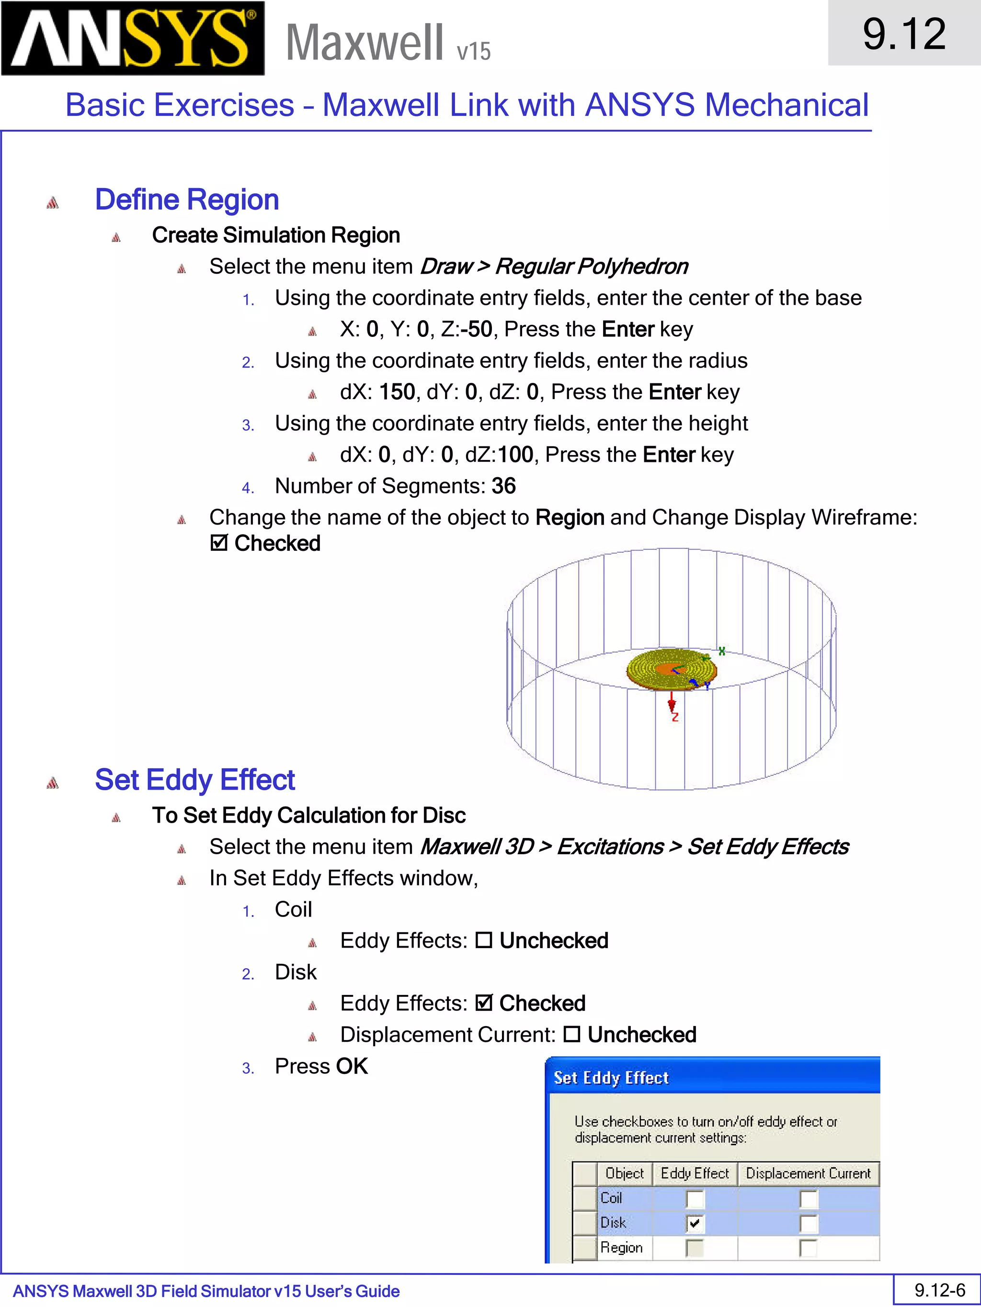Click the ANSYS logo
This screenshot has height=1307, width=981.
click(133, 38)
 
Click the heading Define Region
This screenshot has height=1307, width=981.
click(187, 200)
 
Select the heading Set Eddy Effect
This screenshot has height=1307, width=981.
click(194, 780)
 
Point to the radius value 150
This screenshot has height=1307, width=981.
click(397, 392)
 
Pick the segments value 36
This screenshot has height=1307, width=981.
click(503, 486)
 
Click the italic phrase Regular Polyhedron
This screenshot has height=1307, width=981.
click(591, 267)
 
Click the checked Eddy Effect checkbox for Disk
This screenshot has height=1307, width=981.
click(695, 1224)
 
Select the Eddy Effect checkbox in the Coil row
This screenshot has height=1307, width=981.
click(695, 1199)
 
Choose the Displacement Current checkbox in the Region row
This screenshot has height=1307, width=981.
click(808, 1249)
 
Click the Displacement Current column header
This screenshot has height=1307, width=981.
click(808, 1173)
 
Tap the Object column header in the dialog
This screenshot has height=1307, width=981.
click(625, 1173)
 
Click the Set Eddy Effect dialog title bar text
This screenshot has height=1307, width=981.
click(611, 1078)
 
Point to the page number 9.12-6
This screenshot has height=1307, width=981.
click(940, 1290)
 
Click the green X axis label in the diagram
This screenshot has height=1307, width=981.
click(721, 651)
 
